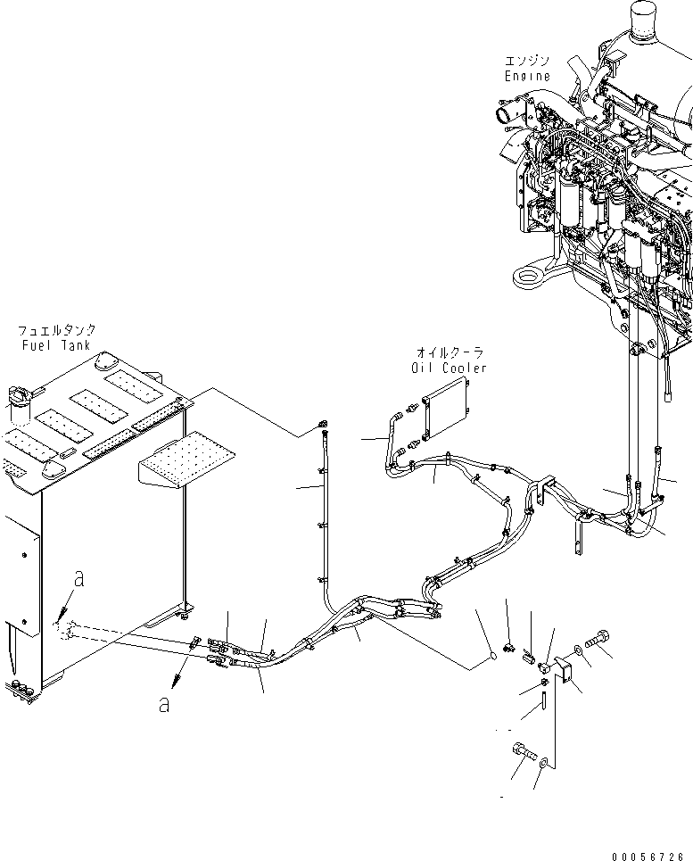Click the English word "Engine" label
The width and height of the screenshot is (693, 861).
tap(527, 76)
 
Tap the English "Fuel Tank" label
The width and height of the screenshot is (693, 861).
tap(58, 344)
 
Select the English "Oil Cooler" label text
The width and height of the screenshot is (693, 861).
tap(450, 368)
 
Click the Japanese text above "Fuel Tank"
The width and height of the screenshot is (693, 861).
tap(58, 330)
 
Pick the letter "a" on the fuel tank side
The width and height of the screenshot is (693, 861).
tap(79, 579)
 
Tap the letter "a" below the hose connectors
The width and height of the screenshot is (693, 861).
tap(163, 704)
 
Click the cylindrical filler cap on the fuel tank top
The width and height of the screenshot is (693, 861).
tap(19, 402)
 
